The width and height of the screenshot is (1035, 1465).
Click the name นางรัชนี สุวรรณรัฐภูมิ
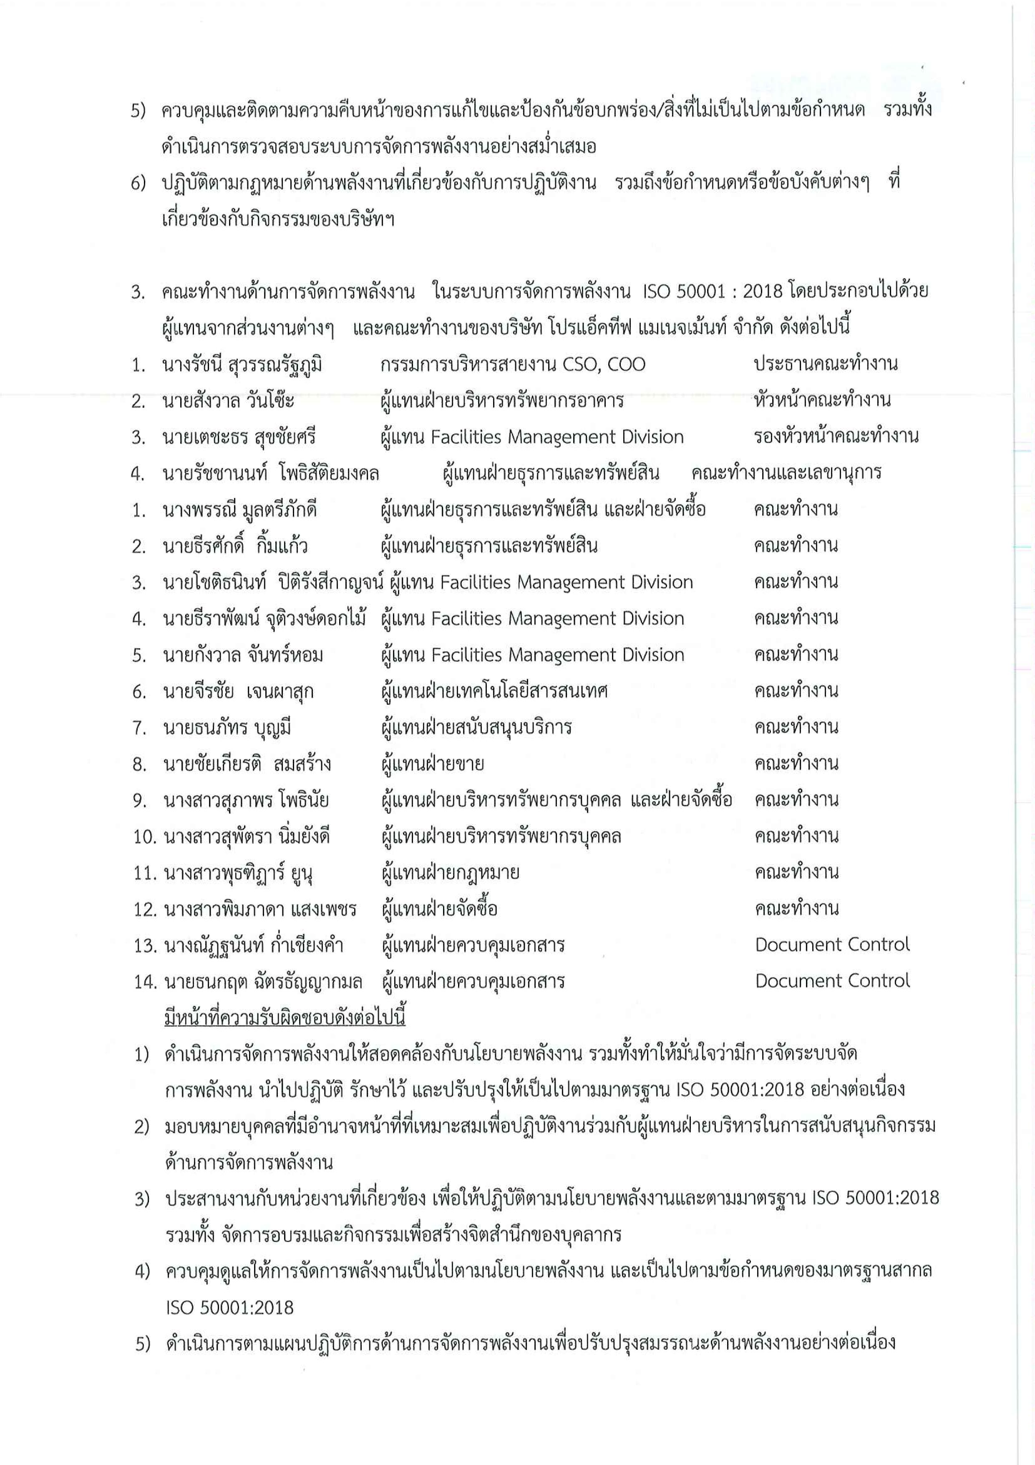point(242,365)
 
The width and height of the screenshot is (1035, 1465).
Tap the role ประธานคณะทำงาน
point(825,364)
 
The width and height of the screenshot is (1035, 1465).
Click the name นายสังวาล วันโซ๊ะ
point(228,401)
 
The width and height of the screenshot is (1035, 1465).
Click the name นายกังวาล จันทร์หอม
point(242,655)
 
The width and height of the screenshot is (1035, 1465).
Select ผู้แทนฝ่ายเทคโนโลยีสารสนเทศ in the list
point(494,691)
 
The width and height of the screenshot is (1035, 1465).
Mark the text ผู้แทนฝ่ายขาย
point(432,764)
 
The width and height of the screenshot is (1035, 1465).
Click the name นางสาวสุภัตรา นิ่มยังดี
point(246,837)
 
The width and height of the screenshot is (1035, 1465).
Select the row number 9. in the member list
point(140,800)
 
